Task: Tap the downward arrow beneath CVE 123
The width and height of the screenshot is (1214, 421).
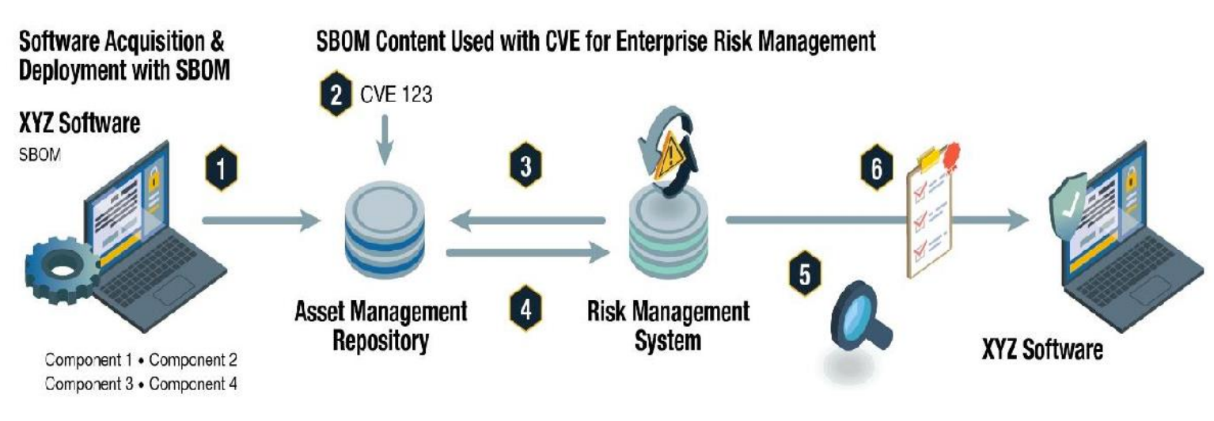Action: (385, 143)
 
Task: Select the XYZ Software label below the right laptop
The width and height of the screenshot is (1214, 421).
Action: (1041, 351)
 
